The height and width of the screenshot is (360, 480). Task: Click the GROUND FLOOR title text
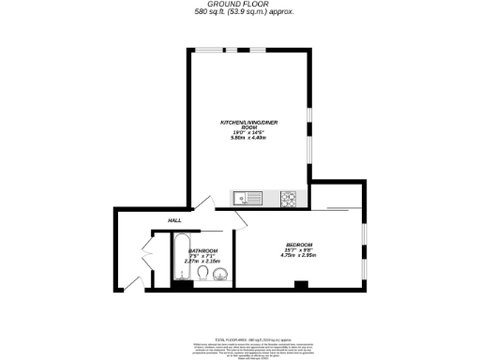click(240, 4)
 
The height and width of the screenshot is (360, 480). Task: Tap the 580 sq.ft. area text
click(240, 12)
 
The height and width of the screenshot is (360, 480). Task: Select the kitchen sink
click(250, 198)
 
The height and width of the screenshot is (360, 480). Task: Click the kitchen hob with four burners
click(289, 198)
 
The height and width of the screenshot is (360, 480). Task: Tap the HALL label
click(174, 220)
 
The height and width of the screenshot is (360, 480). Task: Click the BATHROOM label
click(203, 250)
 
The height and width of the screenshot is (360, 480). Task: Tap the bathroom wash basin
click(220, 275)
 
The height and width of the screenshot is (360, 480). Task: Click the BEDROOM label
click(299, 245)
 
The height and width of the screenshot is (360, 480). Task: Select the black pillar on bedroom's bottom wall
click(299, 285)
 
